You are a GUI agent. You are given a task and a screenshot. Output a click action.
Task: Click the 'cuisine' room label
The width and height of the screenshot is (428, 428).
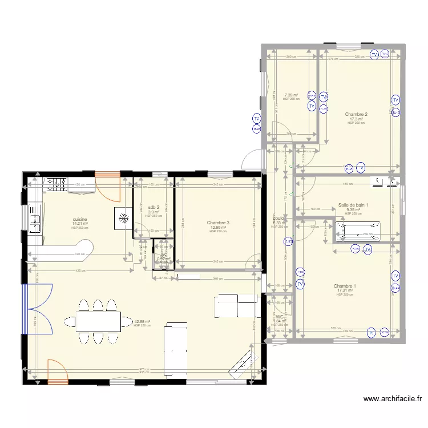[x=80, y=219]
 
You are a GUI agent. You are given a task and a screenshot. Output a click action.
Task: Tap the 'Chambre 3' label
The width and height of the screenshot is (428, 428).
[x=218, y=223]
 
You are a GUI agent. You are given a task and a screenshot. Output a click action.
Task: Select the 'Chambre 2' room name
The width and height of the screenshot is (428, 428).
[x=356, y=114]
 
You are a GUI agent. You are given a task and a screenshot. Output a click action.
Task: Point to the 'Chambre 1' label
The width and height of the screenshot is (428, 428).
[x=345, y=286]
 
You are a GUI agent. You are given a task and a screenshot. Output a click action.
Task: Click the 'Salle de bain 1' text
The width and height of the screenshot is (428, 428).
[x=353, y=205]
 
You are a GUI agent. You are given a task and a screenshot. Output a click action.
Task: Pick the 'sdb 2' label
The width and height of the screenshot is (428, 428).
[x=154, y=207]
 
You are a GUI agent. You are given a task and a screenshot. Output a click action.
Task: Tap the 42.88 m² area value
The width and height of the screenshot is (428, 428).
[x=142, y=321]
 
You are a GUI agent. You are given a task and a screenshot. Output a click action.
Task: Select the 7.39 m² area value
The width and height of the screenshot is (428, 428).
[x=291, y=95]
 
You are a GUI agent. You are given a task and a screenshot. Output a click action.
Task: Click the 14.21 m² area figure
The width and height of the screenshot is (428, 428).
[x=80, y=223]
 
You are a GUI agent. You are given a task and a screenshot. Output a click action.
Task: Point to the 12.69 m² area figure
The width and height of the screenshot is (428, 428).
[x=218, y=227]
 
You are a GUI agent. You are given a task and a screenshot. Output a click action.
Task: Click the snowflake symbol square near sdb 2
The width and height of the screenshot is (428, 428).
[x=123, y=217]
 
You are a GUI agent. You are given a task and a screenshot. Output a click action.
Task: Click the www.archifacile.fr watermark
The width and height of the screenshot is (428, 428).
[x=391, y=399]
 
